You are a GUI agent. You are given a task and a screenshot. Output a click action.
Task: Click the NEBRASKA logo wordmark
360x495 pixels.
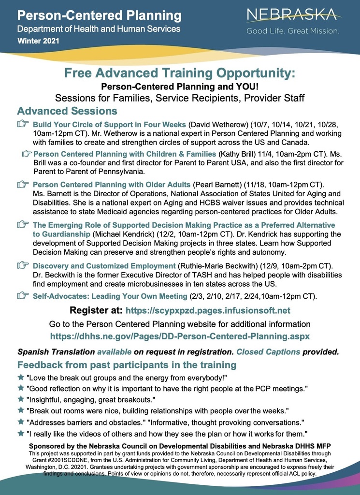point(294,15)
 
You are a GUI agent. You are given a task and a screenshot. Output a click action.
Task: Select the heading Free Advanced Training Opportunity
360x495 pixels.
point(179,74)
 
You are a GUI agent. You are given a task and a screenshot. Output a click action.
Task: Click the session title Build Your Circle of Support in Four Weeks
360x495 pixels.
point(109,125)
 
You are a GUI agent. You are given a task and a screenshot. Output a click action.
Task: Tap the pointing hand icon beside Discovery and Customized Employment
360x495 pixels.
point(22,265)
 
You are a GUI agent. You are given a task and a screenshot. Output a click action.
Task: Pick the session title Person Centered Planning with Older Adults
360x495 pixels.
point(112,185)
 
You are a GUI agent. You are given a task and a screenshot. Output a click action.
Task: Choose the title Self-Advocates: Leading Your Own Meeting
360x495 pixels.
point(110,296)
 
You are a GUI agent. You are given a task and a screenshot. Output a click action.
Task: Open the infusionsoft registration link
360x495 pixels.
point(208,310)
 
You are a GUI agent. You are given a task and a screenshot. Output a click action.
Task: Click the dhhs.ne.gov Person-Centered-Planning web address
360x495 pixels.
point(180,335)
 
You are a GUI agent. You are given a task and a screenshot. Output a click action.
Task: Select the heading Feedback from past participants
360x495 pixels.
point(127,364)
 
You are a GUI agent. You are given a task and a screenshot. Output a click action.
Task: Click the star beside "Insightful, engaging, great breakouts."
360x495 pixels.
point(21,400)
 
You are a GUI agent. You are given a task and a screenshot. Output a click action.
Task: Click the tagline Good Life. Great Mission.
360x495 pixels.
point(293,31)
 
